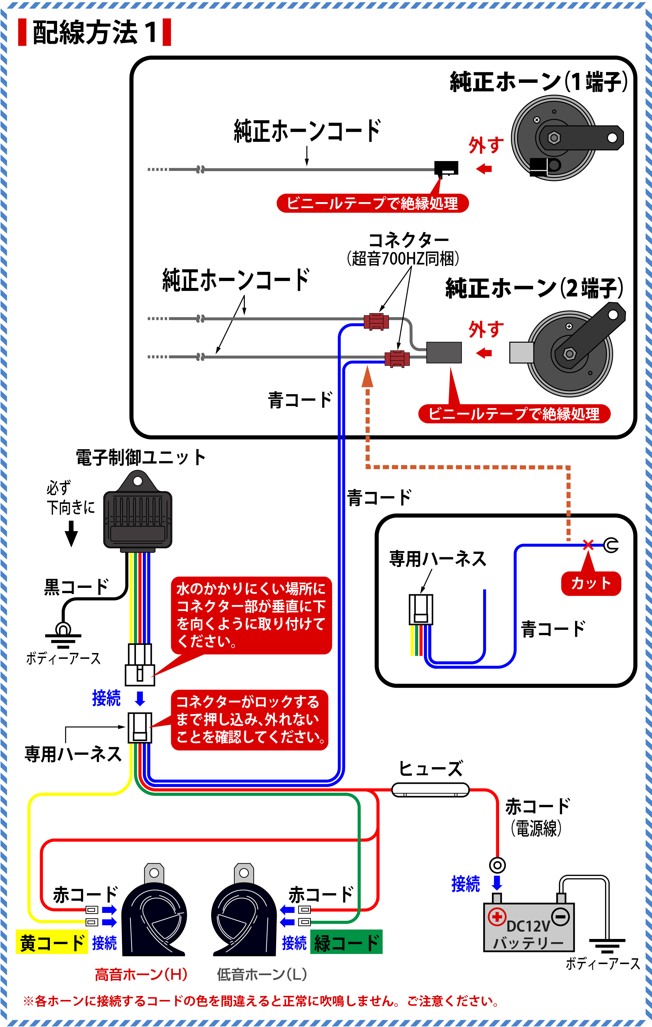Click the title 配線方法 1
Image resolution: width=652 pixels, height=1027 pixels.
coord(95,32)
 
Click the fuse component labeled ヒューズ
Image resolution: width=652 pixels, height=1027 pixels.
coord(430,790)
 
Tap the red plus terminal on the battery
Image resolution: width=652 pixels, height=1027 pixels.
coord(497,916)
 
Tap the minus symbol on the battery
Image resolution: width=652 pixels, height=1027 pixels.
coord(561,916)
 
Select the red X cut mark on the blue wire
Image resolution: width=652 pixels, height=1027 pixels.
coord(588,544)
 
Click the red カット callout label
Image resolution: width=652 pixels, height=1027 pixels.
coord(591,583)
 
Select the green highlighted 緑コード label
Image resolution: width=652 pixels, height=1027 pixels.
coord(346,943)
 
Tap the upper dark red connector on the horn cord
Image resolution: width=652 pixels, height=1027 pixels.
coord(376,321)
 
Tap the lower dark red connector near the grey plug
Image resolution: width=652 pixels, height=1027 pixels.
coord(397,359)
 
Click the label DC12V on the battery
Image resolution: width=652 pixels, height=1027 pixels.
coord(528,926)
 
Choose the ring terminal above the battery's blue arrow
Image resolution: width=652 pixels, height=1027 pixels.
coord(497,865)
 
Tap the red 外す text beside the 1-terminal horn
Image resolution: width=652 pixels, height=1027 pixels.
coord(486,145)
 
